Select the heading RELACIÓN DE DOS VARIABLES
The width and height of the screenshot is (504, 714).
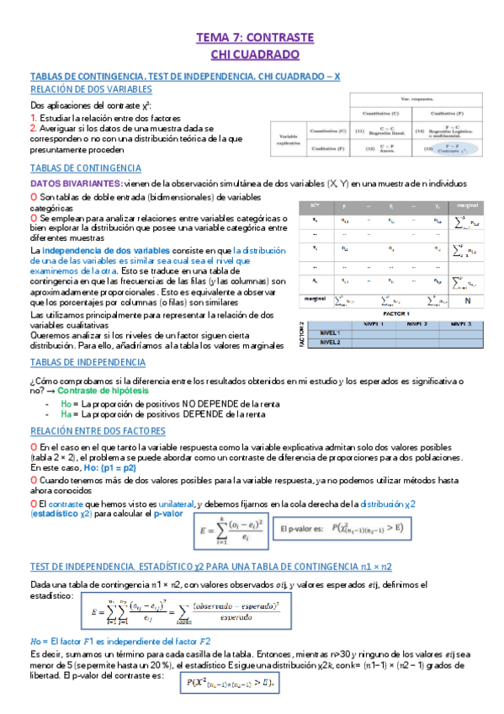pos(91,88)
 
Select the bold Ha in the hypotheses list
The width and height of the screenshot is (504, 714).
pos(66,414)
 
